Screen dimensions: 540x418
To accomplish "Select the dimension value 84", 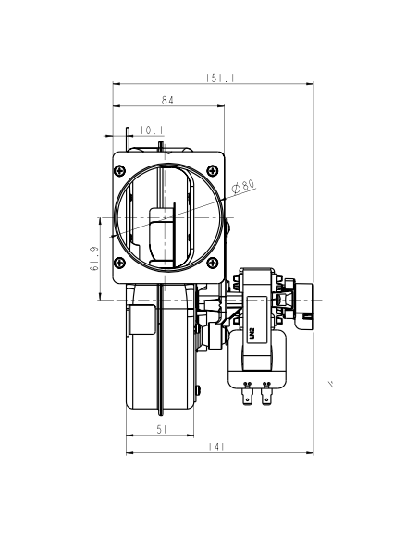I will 167,100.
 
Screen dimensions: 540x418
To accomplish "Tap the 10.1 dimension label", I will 152,129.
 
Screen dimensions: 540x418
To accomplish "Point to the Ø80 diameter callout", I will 244,186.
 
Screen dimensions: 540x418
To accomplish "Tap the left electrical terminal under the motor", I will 247,395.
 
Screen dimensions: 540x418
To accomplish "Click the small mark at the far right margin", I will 330,385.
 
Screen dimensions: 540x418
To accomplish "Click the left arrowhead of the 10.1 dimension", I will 127,136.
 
